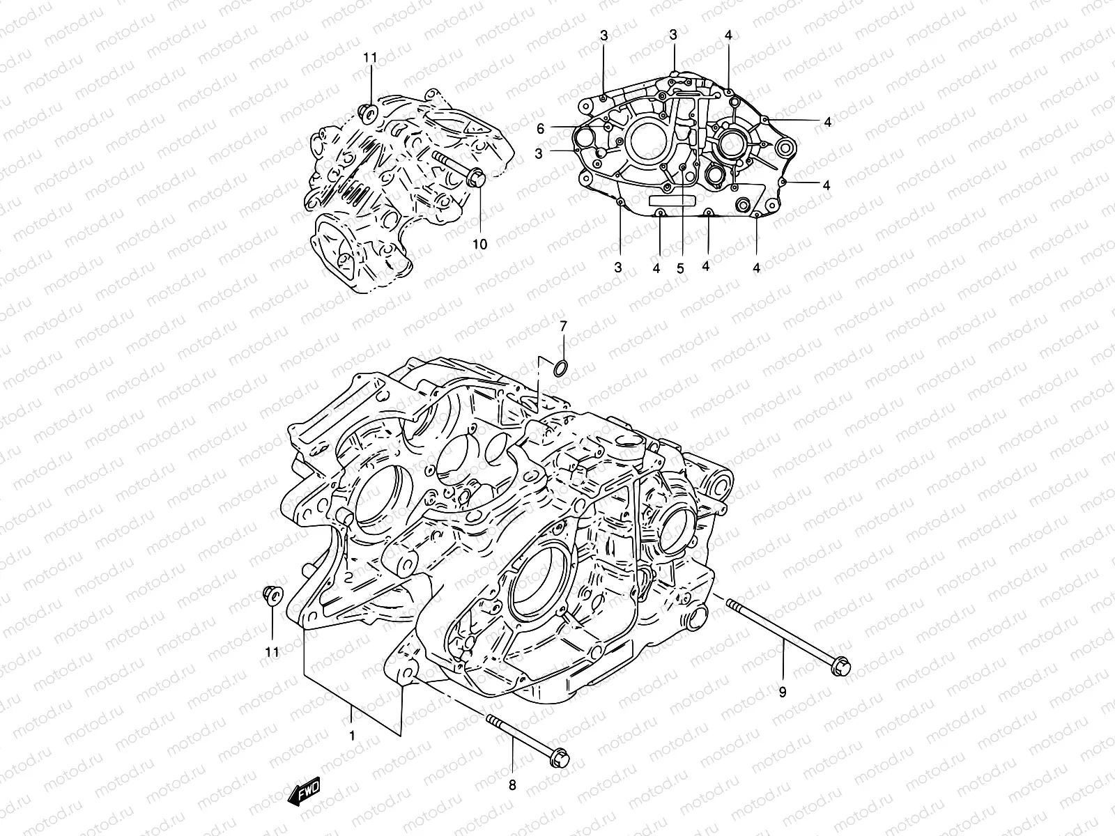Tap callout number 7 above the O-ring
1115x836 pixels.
click(564, 326)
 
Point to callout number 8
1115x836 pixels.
click(512, 786)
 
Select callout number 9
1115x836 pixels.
click(782, 692)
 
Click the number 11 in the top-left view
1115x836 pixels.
click(369, 56)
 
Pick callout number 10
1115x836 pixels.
click(480, 244)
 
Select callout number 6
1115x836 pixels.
click(560, 128)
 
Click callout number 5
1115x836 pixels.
click(680, 267)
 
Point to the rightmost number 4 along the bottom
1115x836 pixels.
click(756, 267)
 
